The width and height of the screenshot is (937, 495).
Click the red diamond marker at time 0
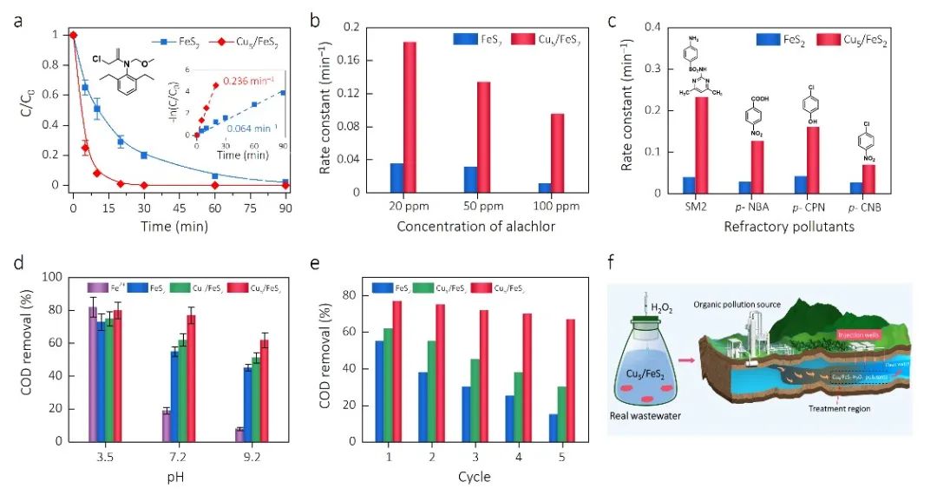(73, 35)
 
